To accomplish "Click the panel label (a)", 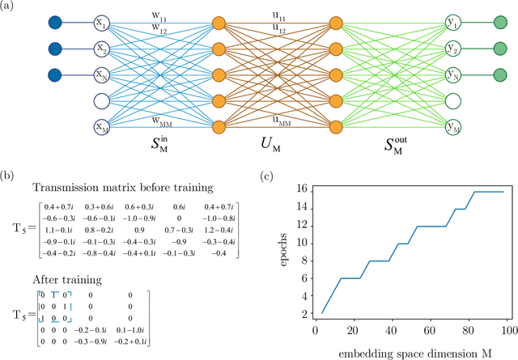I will [11, 7].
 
